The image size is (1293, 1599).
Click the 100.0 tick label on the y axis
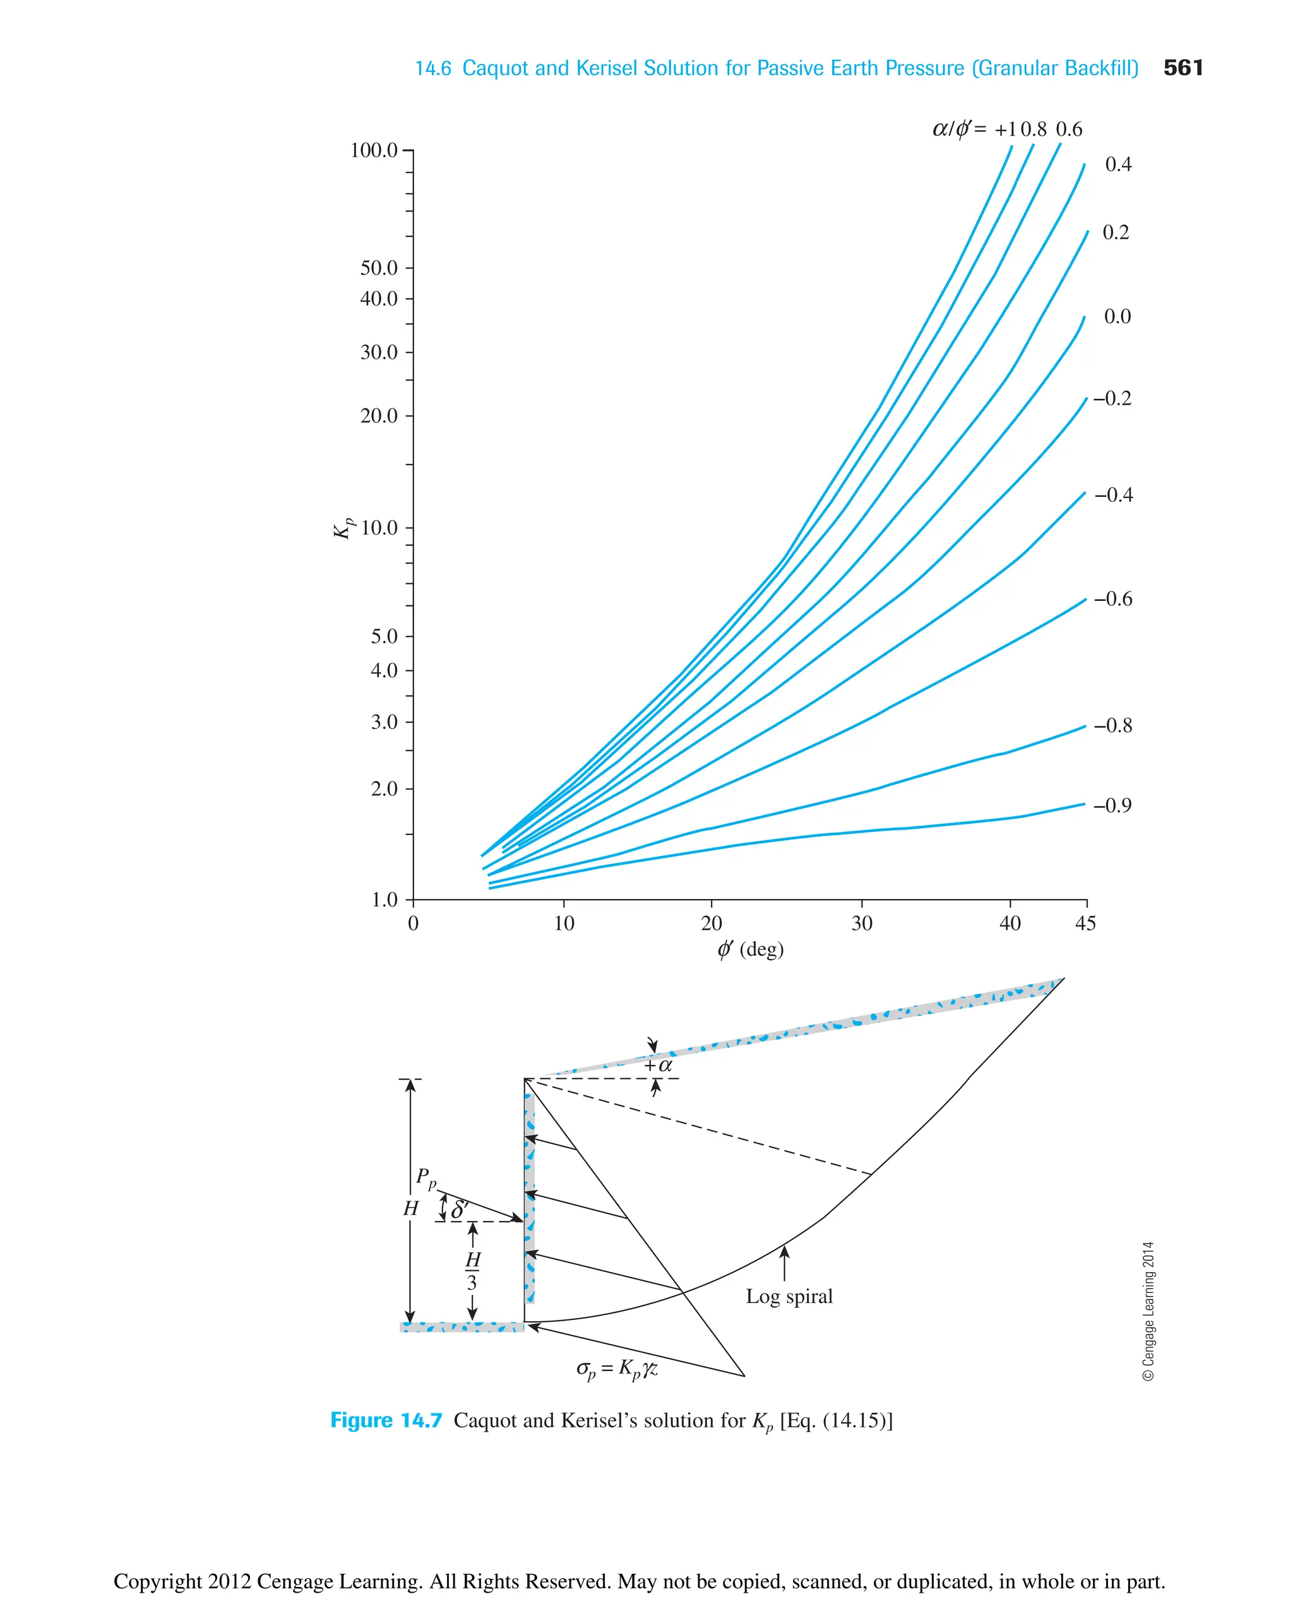tap(374, 150)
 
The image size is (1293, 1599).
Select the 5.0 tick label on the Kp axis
tap(384, 636)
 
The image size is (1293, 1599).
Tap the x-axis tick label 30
tap(861, 924)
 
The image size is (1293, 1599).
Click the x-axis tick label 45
tap(1085, 924)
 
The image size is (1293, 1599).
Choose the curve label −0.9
tap(1113, 805)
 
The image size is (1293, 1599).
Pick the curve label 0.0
tap(1117, 316)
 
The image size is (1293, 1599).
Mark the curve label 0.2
tap(1116, 232)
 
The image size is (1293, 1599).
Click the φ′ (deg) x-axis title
tap(750, 949)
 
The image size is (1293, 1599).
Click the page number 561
tap(1183, 68)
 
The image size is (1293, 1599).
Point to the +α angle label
tap(658, 1066)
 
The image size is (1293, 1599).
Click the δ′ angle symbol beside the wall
tap(460, 1210)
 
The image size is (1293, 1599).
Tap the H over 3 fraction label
tap(472, 1271)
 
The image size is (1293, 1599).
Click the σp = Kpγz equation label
tap(617, 1369)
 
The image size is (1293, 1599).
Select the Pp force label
tap(426, 1178)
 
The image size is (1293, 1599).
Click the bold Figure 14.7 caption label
tap(386, 1421)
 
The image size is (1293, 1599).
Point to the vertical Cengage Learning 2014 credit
tap(1148, 1311)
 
